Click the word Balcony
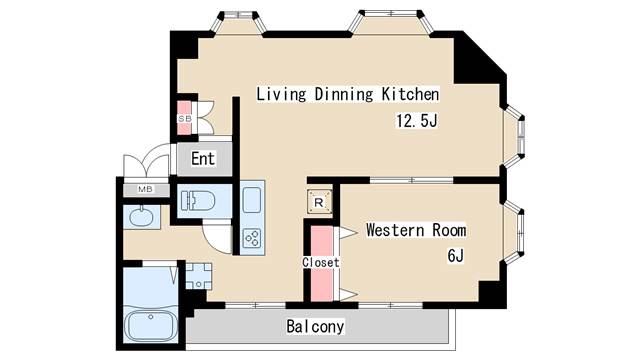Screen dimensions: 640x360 pyautogui.click(x=315, y=327)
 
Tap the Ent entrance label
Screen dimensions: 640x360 pyautogui.click(x=203, y=159)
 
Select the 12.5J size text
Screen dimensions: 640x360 pyautogui.click(x=417, y=121)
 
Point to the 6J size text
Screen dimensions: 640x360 pyautogui.click(x=456, y=256)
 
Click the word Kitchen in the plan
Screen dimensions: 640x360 pyautogui.click(x=410, y=94)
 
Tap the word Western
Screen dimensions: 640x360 pyautogui.click(x=395, y=230)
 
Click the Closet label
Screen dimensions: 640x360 pyautogui.click(x=321, y=262)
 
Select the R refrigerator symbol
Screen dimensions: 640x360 pyautogui.click(x=319, y=202)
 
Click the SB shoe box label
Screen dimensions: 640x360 pyautogui.click(x=184, y=119)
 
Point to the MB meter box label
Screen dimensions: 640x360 pyautogui.click(x=145, y=189)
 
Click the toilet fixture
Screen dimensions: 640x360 pyautogui.click(x=198, y=201)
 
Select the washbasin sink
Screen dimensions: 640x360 pyautogui.click(x=141, y=216)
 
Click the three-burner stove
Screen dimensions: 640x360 pyautogui.click(x=252, y=239)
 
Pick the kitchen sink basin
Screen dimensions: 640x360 pyautogui.click(x=252, y=200)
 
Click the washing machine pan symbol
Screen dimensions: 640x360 pyautogui.click(x=199, y=276)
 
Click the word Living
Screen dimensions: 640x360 pyautogui.click(x=281, y=94)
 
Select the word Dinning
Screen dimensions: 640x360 pyautogui.click(x=344, y=94)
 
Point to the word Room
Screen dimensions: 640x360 pyautogui.click(x=449, y=230)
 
